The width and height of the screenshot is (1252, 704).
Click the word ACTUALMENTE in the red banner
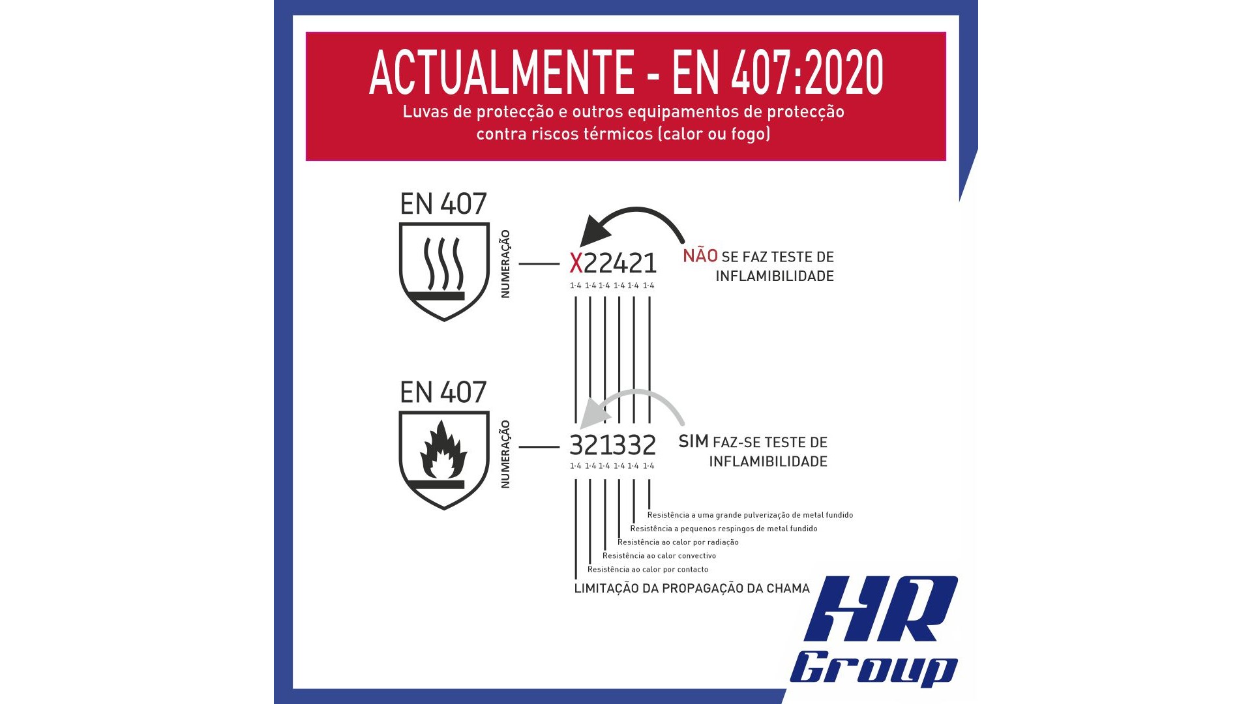point(501,72)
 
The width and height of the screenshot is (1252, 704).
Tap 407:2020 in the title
point(807,72)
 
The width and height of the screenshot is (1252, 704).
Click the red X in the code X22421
point(576,263)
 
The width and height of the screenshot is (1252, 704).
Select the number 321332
point(613,445)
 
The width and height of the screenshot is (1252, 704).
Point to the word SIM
point(693,441)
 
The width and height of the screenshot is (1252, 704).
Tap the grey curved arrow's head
point(595,413)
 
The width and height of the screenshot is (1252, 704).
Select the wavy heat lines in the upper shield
point(443,263)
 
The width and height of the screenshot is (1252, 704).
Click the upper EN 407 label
point(443,204)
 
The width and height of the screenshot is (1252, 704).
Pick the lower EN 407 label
point(443,392)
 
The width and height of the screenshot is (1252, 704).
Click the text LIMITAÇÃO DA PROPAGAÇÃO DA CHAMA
point(692,589)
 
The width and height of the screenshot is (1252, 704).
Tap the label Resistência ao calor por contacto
point(648,570)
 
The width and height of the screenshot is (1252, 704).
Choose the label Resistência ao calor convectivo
point(659,556)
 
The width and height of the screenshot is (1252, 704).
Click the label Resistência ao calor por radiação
point(678,542)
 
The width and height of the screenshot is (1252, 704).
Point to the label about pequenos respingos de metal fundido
point(724,529)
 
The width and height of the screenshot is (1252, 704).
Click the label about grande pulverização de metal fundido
point(750,515)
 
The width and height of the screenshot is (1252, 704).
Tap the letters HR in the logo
point(880,609)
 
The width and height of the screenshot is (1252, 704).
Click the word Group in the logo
point(874,668)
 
